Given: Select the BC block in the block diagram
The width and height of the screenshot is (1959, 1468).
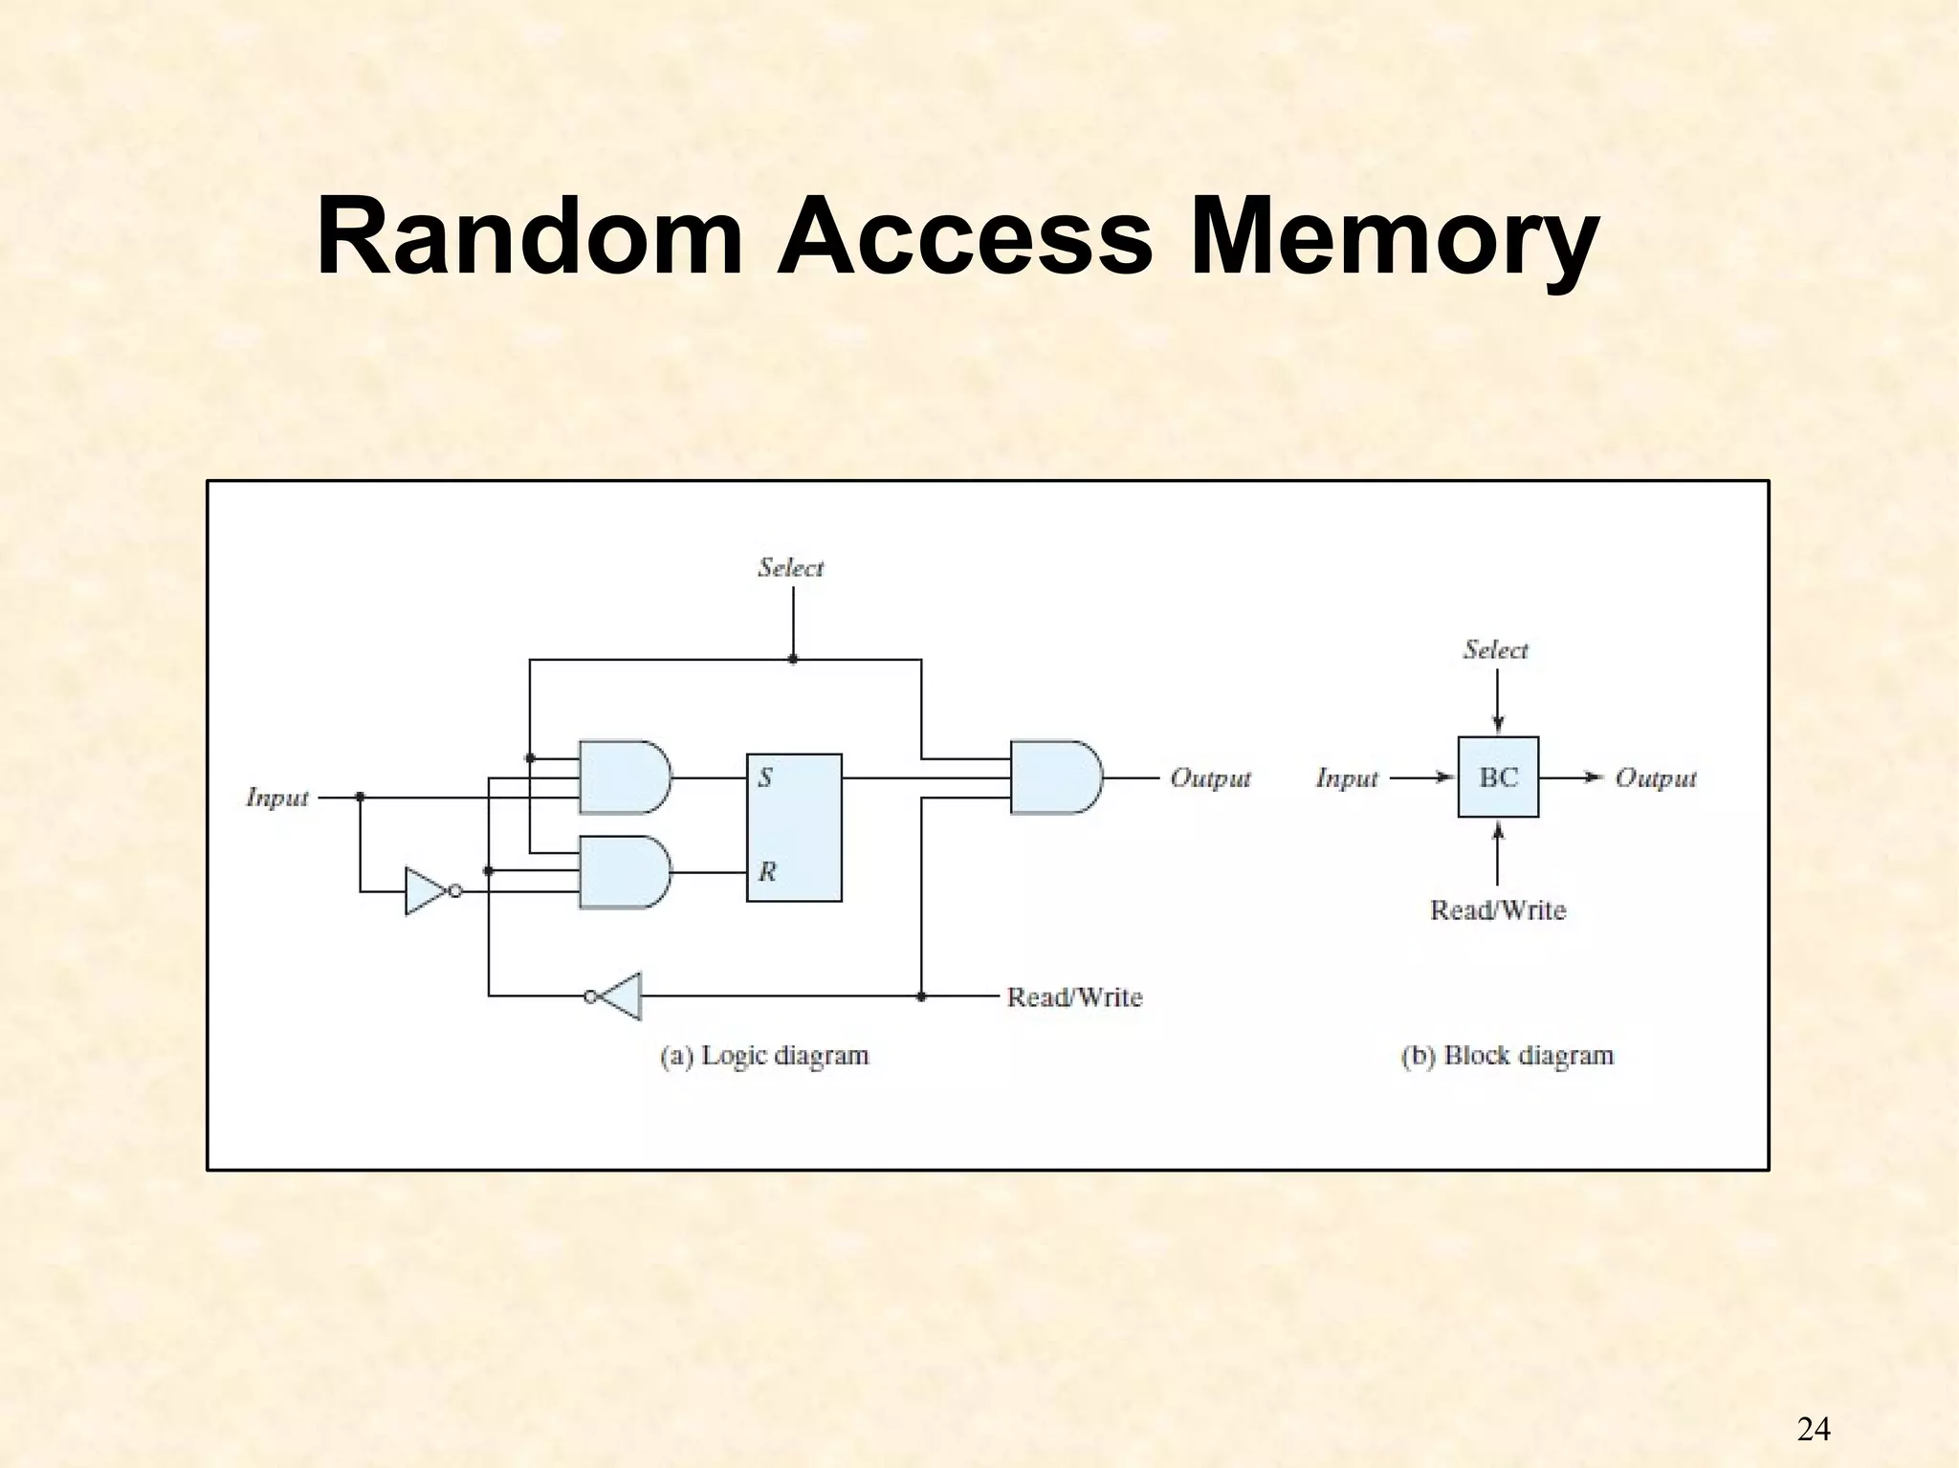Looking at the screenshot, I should (x=1498, y=777).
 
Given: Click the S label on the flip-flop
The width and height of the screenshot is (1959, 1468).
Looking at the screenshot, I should (x=765, y=778).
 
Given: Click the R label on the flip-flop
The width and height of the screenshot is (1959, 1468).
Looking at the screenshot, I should (x=767, y=871).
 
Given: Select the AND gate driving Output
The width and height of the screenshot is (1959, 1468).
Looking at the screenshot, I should (x=1054, y=777).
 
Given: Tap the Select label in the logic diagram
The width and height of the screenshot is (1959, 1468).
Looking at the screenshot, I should (x=790, y=568).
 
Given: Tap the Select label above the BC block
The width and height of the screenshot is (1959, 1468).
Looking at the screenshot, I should (x=1495, y=650).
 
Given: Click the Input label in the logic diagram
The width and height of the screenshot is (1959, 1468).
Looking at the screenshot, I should (x=277, y=798).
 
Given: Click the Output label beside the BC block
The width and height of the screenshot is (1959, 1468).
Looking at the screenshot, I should (x=1655, y=778).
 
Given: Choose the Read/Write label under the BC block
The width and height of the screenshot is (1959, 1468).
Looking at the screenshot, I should (x=1497, y=909).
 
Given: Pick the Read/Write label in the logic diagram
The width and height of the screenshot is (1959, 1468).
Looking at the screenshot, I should (x=1074, y=997).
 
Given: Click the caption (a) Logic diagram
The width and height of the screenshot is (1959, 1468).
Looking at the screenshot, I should (x=764, y=1056).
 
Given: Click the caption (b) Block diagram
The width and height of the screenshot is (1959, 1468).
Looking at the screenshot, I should (x=1507, y=1056).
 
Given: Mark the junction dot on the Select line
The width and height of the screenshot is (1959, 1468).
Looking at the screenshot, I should (x=793, y=659).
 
